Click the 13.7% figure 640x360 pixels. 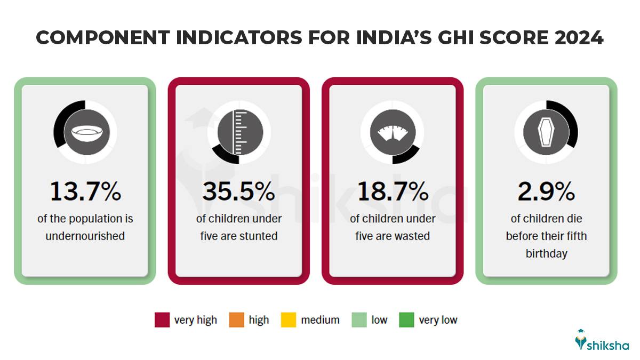coord(85,192)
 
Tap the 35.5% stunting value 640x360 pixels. coord(239,192)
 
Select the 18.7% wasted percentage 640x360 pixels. coord(393,192)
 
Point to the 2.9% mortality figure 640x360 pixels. coord(546,192)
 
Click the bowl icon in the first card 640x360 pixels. coord(85,132)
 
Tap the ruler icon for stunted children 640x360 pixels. coord(239,132)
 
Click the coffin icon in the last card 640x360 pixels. coord(546,132)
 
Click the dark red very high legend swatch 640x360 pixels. coord(162,320)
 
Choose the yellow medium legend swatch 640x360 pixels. coord(289,320)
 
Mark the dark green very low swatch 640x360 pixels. coord(406,320)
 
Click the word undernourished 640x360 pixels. coord(85,236)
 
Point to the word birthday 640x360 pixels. coord(546,254)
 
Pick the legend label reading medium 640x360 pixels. coord(320,320)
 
